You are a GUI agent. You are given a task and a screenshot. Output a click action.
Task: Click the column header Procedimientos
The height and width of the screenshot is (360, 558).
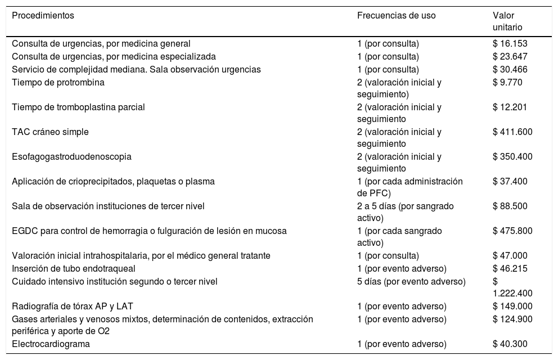[43, 16]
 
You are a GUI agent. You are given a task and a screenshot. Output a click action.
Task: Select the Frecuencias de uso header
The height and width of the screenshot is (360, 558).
[396, 16]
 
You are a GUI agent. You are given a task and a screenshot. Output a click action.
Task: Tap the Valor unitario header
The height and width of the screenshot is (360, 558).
[507, 21]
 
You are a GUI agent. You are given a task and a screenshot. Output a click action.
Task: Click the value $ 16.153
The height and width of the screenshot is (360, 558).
[510, 43]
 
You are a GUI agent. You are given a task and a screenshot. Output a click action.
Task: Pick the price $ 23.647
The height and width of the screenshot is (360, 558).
[510, 56]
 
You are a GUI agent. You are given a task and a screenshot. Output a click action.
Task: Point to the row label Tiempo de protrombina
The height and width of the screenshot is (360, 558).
[58, 82]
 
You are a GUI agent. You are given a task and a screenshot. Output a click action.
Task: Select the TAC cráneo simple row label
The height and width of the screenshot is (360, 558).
[50, 132]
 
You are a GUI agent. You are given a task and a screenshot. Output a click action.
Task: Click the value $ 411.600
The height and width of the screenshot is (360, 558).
[512, 132]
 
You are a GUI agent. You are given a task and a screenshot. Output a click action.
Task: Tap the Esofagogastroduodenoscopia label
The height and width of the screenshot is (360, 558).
[71, 156]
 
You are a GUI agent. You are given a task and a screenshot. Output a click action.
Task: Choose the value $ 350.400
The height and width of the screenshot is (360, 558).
[512, 156]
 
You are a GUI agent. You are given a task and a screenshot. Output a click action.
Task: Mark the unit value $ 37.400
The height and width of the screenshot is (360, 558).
[510, 181]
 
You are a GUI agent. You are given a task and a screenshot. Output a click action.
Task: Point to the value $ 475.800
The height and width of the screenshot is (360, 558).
[512, 231]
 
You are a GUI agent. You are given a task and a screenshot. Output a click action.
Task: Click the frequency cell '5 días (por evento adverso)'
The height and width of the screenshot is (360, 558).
[411, 281]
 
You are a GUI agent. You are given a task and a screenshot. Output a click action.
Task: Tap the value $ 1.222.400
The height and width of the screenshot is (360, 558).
[512, 287]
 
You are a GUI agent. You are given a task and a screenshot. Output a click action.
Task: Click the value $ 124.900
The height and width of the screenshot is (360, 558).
[512, 319]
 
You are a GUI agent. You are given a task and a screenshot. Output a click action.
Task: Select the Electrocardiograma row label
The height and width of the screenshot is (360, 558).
[51, 344]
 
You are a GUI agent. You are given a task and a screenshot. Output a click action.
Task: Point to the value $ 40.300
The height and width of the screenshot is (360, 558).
[510, 344]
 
